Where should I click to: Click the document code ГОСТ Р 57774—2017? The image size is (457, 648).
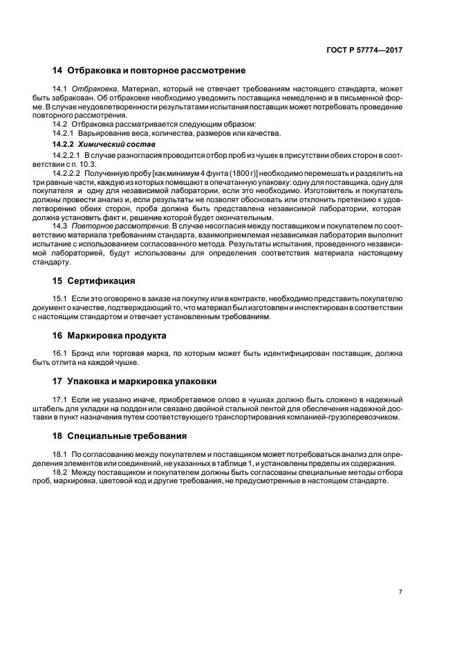coord(365,50)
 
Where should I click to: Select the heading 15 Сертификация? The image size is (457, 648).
coord(93,281)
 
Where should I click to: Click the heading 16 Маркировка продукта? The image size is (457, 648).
coord(109,335)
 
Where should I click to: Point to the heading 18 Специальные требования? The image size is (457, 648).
coord(118,435)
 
